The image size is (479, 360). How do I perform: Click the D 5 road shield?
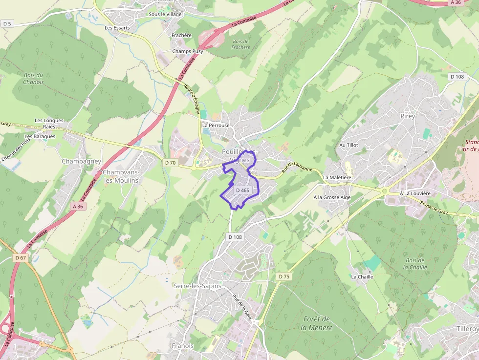(x=7, y=23)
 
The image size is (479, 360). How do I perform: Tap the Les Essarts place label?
(x=117, y=28)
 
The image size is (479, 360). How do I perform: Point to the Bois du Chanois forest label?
(x=33, y=79)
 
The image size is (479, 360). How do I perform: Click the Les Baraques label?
(x=40, y=136)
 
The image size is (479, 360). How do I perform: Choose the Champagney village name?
(x=81, y=161)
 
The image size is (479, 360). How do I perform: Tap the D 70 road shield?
(x=170, y=162)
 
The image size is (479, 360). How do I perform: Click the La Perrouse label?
(x=216, y=126)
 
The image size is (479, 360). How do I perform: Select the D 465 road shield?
(x=242, y=190)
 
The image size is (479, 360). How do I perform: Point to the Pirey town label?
(x=407, y=116)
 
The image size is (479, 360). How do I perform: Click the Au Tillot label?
(x=349, y=145)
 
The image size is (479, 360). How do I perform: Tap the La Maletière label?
(x=337, y=178)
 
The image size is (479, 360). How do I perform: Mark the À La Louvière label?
(x=415, y=193)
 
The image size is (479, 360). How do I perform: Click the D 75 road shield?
(x=284, y=276)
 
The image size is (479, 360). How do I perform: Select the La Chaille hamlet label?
(x=362, y=276)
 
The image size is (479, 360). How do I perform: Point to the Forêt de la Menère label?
(x=317, y=323)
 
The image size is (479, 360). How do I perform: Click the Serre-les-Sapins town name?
(x=197, y=286)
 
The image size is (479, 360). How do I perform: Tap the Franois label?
(x=183, y=346)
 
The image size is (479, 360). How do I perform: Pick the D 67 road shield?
(x=20, y=257)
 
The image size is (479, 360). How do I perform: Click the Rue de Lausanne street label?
(x=297, y=168)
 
